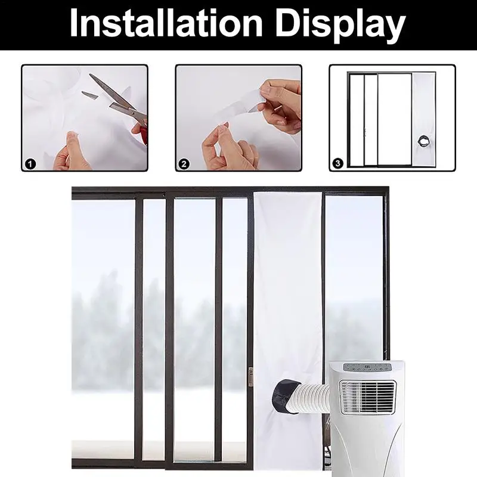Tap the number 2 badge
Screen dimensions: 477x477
(184, 162)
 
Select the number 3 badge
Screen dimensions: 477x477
(338, 162)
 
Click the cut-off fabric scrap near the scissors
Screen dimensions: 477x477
(89, 95)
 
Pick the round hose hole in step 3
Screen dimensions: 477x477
(422, 141)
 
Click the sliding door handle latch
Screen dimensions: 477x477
(251, 377)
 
